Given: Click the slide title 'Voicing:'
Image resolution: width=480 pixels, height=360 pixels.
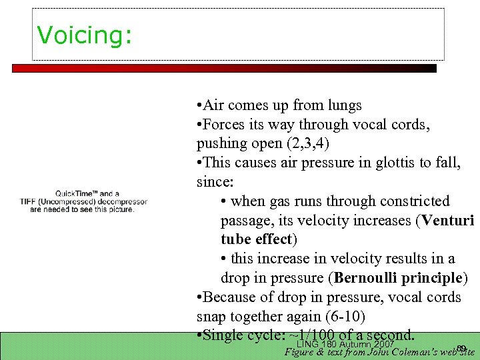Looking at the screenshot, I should point(85,35).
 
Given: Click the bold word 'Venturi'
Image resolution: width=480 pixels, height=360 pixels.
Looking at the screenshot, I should point(447,221).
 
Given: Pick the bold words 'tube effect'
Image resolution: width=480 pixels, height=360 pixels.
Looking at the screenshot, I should point(256,239).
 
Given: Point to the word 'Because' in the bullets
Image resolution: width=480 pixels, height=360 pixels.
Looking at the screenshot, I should point(227,297).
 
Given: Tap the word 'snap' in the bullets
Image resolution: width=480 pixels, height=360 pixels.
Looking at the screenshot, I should point(211,315).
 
